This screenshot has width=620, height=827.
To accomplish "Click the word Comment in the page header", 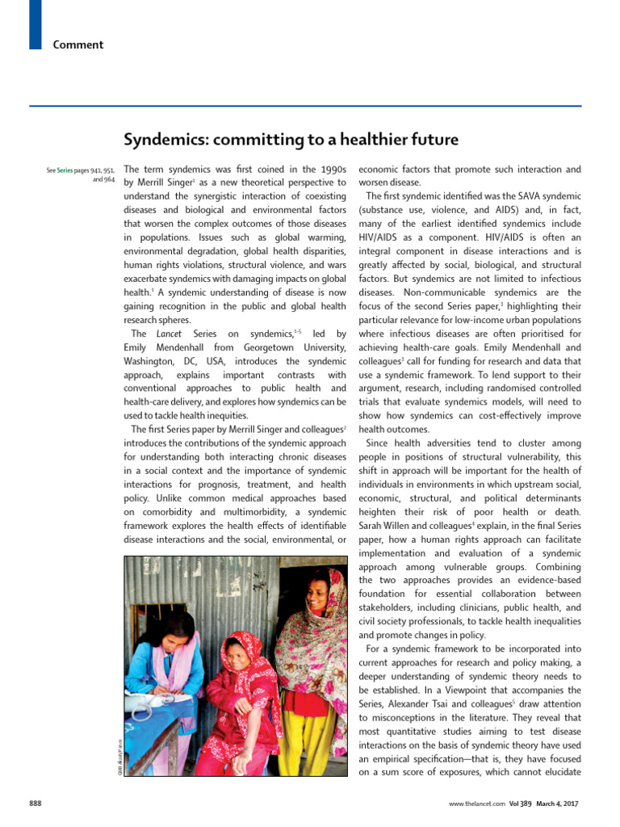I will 78,44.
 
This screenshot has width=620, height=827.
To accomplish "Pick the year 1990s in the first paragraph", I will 331,170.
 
